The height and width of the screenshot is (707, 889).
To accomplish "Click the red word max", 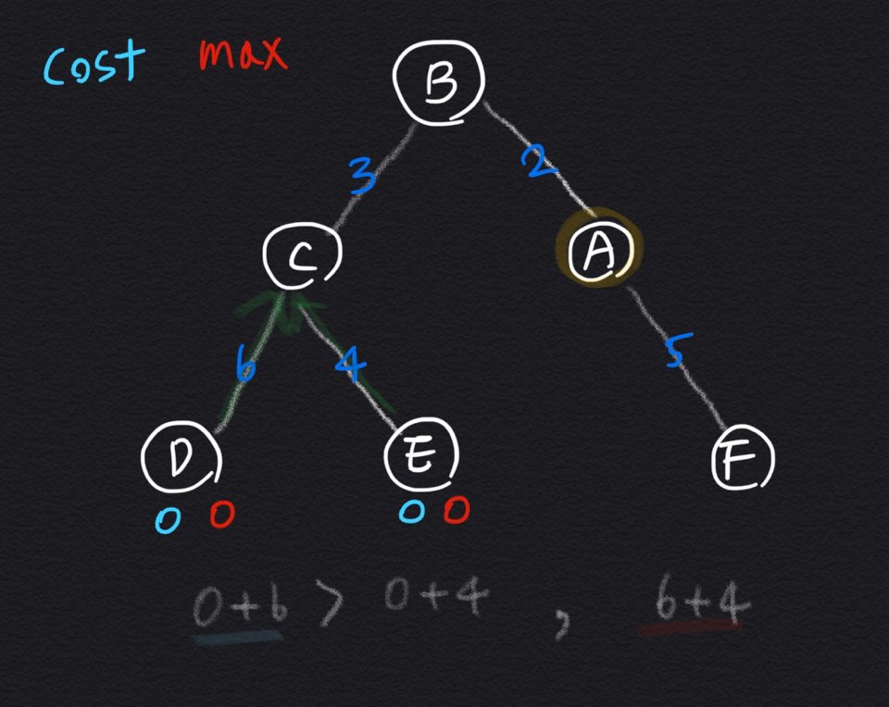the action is click(243, 56).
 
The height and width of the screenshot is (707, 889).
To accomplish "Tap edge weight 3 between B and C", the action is click(364, 174).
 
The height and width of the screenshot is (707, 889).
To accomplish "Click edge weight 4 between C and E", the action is click(349, 363).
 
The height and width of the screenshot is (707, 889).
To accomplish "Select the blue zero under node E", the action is click(410, 512).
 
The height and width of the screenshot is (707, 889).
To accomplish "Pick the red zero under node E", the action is click(457, 510).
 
